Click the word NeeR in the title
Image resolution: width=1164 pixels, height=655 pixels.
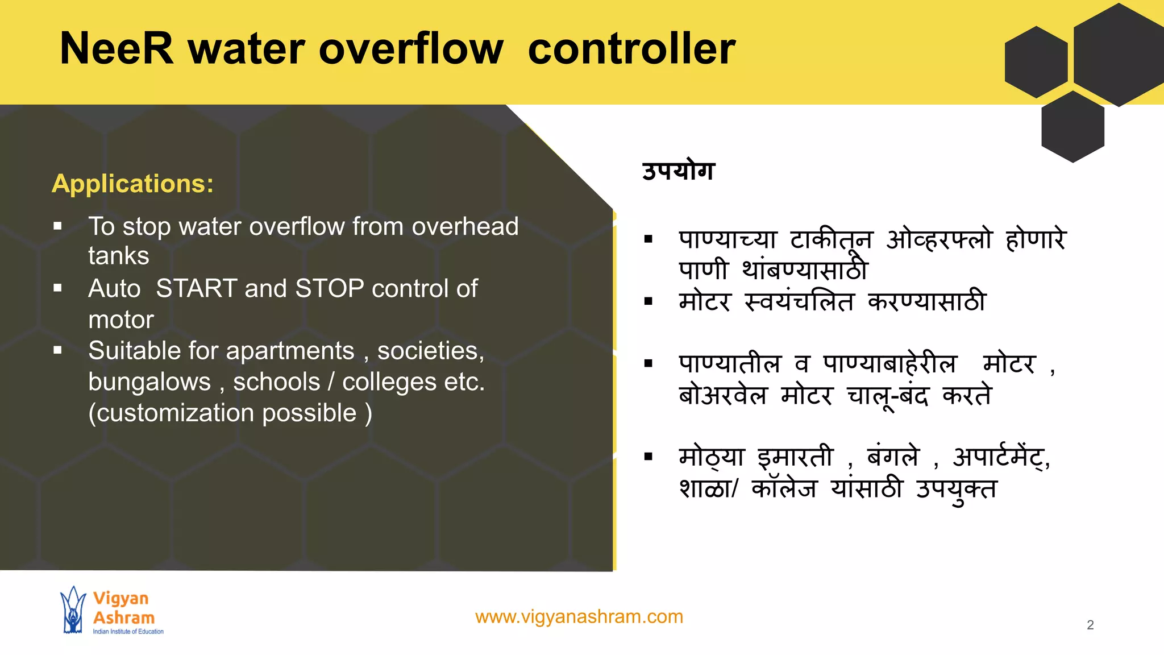click(x=117, y=49)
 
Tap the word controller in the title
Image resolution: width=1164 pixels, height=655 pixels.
click(x=631, y=49)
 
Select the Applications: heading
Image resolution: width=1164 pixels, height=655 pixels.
click(x=132, y=184)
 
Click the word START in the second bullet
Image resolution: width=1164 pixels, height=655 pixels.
click(x=196, y=289)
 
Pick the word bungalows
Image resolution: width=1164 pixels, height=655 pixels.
click(x=149, y=382)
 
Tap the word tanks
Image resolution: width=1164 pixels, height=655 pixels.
click(x=119, y=256)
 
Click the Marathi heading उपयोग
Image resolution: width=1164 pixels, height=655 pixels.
click(x=678, y=171)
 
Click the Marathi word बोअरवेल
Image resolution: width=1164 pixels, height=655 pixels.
click(x=723, y=395)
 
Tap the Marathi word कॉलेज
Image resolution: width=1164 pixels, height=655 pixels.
click(x=784, y=488)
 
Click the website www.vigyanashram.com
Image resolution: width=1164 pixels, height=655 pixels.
click(x=579, y=617)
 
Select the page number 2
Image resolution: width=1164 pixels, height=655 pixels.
click(x=1090, y=625)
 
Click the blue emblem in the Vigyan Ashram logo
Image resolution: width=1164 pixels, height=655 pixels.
click(x=73, y=610)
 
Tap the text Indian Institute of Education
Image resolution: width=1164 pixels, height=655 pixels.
click(x=128, y=632)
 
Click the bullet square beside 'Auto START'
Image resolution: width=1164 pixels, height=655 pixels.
click(x=57, y=288)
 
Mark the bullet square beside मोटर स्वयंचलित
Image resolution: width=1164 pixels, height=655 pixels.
click(x=648, y=301)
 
